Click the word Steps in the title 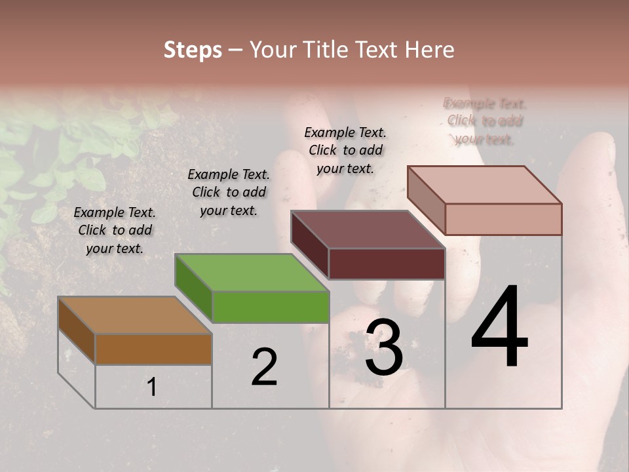click(x=193, y=50)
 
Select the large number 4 click(x=499, y=328)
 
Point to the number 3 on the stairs click(x=384, y=347)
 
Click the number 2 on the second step click(x=264, y=367)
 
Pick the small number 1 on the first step click(x=152, y=387)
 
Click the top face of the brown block click(x=135, y=315)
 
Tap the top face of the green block click(x=252, y=272)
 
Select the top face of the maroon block click(x=368, y=229)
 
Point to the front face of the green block click(x=271, y=307)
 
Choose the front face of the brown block click(x=153, y=349)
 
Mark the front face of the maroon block click(x=387, y=264)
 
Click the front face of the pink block click(x=503, y=219)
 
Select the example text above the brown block click(x=115, y=230)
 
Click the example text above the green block click(x=229, y=192)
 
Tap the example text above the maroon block click(x=345, y=150)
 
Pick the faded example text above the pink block click(x=485, y=121)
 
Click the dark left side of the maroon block click(x=309, y=246)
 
